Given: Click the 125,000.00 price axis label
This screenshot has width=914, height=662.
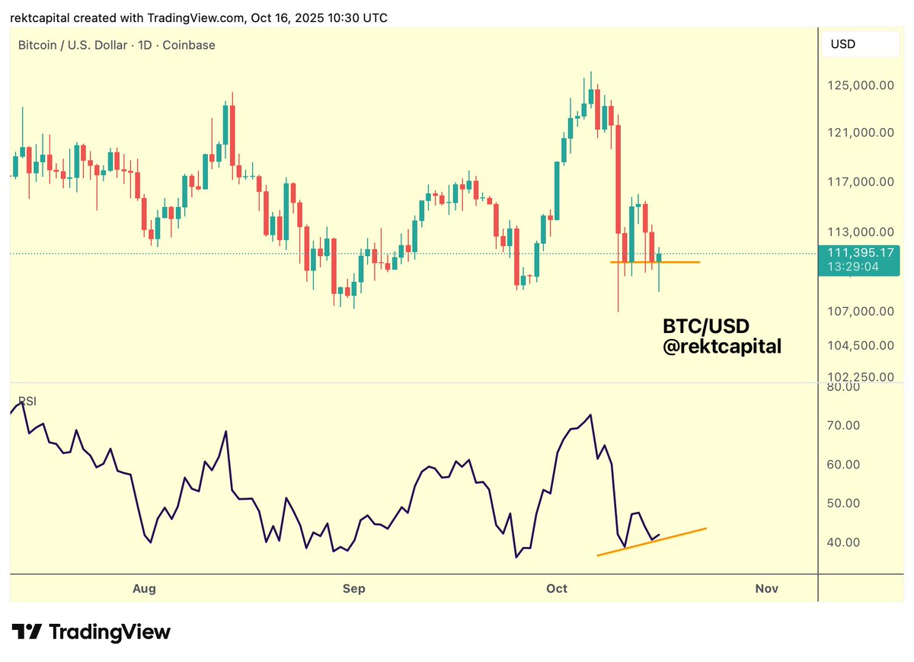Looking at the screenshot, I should click(860, 85).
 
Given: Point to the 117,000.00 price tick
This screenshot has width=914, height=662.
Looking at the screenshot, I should click(860, 181).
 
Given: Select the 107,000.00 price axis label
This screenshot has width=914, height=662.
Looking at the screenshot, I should click(860, 311).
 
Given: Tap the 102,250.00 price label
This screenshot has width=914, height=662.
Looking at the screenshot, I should click(860, 376).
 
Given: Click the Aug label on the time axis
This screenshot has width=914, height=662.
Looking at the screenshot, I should click(144, 588).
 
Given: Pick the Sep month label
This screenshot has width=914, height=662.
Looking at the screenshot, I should click(354, 588).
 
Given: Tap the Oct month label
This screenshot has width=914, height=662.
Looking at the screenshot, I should click(558, 588).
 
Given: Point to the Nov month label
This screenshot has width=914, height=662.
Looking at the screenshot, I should click(766, 588).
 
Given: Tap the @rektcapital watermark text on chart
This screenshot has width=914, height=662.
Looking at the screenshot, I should click(722, 347).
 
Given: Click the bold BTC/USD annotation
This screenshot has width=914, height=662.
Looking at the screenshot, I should click(706, 327).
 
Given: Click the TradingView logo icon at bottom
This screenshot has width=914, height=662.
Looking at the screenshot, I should click(27, 632).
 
